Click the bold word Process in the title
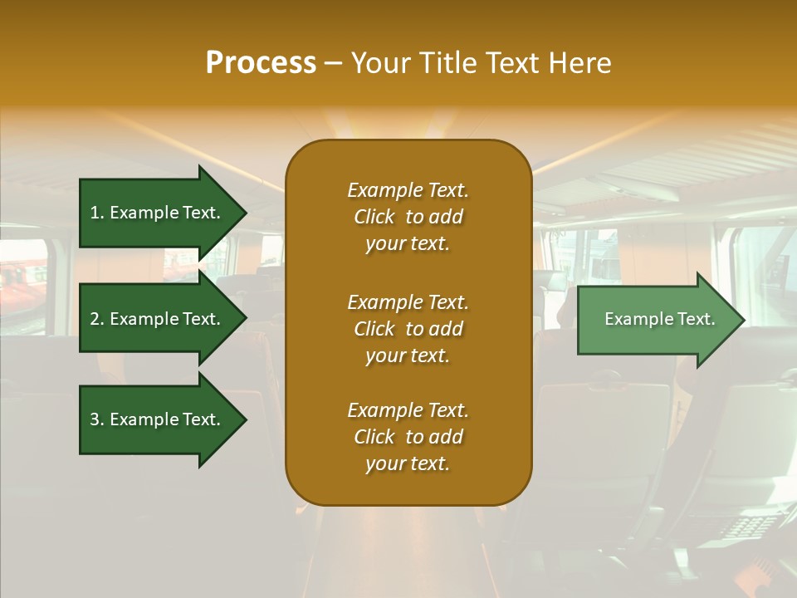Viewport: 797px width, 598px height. click(x=261, y=63)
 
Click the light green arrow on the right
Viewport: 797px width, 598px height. click(x=656, y=320)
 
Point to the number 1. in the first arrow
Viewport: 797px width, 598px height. click(x=97, y=213)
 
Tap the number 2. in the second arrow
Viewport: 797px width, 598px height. click(x=97, y=319)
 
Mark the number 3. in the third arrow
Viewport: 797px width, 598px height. click(x=97, y=419)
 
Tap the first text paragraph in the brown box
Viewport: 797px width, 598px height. click(x=408, y=217)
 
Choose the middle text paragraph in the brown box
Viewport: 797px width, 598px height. click(x=408, y=329)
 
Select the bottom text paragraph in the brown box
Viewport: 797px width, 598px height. click(x=408, y=437)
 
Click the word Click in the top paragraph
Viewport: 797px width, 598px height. click(x=374, y=217)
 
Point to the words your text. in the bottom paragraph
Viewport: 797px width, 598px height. click(x=408, y=463)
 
